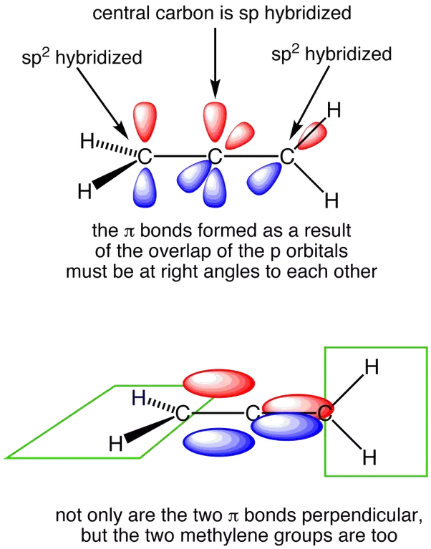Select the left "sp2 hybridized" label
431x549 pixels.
tap(82, 57)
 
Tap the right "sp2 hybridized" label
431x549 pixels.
tap(331, 55)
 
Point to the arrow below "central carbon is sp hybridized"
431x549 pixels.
tap(213, 64)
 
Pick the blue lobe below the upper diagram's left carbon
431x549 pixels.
tap(145, 186)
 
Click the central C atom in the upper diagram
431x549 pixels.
tap(215, 155)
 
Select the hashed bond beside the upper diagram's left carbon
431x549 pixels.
tap(115, 149)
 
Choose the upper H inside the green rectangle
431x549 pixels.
tap(372, 367)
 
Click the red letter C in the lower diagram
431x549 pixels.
tap(324, 412)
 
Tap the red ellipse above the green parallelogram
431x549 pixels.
tap(215, 382)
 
